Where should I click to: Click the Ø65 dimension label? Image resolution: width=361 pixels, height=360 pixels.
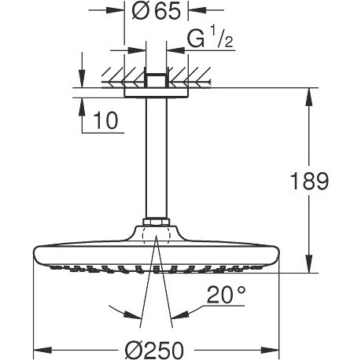tap(157, 11)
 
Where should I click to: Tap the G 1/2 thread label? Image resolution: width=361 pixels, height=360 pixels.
tap(210, 39)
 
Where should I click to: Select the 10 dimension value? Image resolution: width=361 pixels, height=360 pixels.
tap(106, 120)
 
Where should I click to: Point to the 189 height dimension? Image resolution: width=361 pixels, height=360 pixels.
tap(309, 182)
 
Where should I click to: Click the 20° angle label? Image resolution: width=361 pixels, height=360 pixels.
tap(227, 295)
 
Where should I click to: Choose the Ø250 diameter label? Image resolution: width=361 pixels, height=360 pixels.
tap(154, 351)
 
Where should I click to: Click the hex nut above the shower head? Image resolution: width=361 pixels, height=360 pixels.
tap(157, 222)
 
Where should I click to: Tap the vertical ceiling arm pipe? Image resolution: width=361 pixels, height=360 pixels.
tap(157, 159)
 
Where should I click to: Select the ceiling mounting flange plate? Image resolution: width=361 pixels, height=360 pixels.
tap(157, 93)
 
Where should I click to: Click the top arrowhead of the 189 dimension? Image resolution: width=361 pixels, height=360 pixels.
tap(309, 97)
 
